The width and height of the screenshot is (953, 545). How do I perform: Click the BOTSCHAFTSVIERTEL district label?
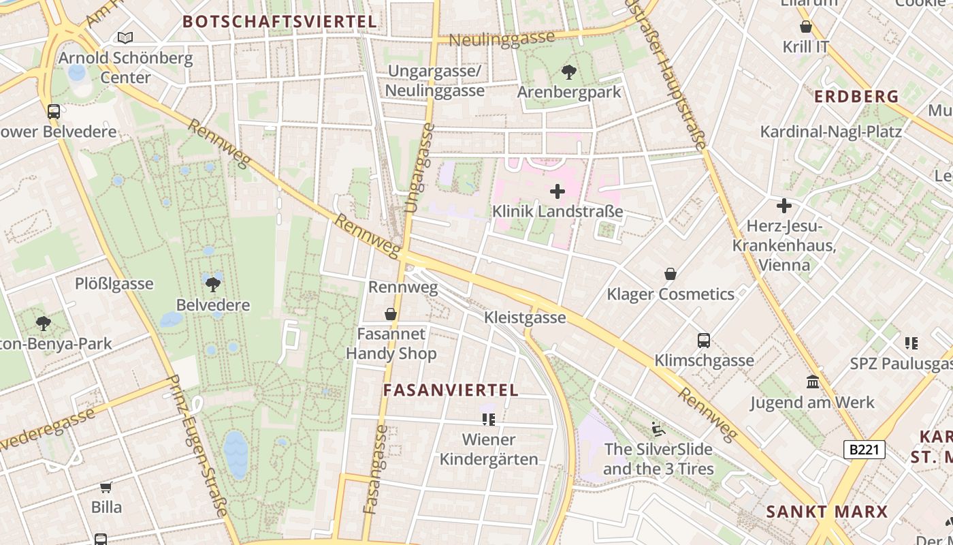[280, 22]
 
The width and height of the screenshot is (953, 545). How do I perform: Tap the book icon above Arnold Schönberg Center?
[125, 37]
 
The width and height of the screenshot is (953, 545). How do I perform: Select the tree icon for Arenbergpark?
[568, 72]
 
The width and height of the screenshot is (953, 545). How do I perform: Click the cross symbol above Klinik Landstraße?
[558, 191]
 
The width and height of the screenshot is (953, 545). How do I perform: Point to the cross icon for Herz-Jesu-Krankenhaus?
[784, 206]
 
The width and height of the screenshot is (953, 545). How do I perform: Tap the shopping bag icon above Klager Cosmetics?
[671, 274]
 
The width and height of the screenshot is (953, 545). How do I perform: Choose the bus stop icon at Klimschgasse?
[704, 341]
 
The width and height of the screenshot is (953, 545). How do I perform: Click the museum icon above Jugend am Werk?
[812, 382]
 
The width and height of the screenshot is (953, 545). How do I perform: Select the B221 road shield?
[864, 450]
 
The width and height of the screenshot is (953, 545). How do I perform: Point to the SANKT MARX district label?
[827, 512]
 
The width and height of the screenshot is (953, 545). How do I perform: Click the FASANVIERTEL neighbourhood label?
[451, 390]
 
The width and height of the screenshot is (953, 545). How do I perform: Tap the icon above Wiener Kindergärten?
[488, 419]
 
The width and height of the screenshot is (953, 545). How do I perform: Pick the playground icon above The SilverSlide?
[658, 429]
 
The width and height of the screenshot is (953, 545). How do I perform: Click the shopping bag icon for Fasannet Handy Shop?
[391, 314]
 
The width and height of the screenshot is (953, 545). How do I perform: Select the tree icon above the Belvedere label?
[213, 284]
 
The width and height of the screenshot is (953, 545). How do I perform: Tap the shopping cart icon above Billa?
[106, 487]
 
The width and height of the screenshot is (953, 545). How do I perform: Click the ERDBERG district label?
[856, 97]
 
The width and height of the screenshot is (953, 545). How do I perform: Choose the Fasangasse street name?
[376, 470]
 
